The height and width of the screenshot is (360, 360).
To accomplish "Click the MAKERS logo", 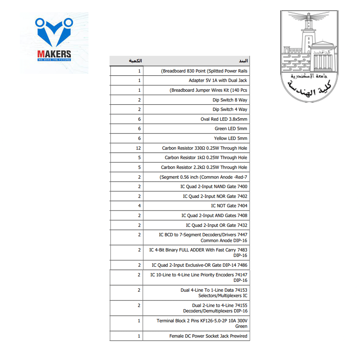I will [54, 43].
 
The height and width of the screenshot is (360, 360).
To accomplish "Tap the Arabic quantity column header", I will [135, 61].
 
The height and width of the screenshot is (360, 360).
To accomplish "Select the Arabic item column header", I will [243, 61].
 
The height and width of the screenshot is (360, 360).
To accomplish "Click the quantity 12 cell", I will [138, 148].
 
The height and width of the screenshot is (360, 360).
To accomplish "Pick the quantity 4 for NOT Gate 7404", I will [139, 206].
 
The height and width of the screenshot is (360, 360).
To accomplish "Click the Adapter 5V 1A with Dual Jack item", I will [218, 81].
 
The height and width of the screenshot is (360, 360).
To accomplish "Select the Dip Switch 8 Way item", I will [230, 100].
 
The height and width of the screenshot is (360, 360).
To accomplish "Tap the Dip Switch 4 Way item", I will [230, 110].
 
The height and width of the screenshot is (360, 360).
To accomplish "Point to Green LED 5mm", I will [231, 129].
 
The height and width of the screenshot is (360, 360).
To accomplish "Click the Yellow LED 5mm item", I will [230, 138].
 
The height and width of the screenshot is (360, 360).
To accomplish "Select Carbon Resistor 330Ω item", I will [204, 148].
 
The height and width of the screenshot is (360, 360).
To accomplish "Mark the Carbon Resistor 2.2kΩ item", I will [204, 167].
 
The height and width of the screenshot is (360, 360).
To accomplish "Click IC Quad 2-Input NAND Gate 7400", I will [214, 186].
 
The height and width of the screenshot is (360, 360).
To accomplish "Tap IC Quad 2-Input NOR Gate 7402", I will [215, 196].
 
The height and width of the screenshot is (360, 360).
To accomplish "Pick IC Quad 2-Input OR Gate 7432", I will [216, 225].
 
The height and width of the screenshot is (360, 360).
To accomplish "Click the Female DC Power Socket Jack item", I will [208, 336].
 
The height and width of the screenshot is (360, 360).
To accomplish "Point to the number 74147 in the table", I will [241, 275].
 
